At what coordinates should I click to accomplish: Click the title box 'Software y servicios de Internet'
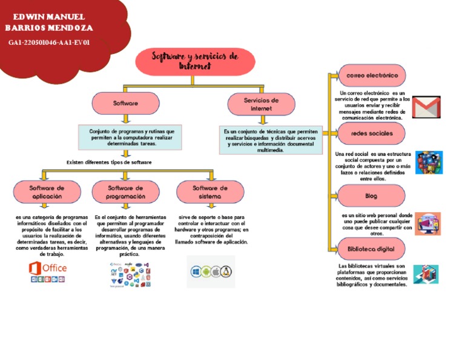[195, 61]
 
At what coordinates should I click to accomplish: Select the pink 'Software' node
[125, 104]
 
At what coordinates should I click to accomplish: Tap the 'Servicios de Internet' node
[261, 104]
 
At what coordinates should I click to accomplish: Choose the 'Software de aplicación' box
[47, 192]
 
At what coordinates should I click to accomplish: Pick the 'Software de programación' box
[125, 192]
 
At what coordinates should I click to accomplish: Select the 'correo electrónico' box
[371, 76]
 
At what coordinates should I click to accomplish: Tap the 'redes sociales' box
[371, 133]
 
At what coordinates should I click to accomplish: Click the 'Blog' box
[371, 196]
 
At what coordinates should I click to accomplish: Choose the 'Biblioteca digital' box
[371, 249]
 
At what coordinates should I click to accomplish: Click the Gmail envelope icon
[426, 107]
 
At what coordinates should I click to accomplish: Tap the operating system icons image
[211, 272]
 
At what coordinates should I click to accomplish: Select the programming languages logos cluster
[128, 274]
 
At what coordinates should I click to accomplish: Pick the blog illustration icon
[427, 224]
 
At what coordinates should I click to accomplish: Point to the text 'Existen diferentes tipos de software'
[109, 162]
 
